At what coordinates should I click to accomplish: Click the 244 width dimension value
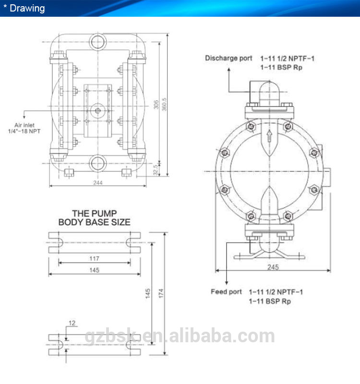click(98, 183)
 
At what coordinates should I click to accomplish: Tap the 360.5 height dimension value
click(164, 104)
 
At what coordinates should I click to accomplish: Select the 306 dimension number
click(156, 104)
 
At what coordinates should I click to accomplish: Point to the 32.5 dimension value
click(156, 170)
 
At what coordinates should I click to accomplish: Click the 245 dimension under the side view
click(273, 267)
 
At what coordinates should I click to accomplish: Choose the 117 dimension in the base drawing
click(94, 259)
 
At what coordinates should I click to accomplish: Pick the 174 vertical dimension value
click(161, 293)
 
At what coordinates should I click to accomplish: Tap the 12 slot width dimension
click(72, 323)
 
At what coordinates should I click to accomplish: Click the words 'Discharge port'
click(228, 58)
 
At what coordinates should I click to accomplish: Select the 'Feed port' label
click(226, 292)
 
